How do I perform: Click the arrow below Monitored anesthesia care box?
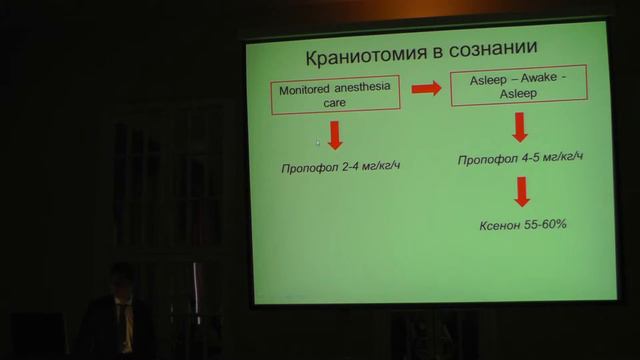(335, 134)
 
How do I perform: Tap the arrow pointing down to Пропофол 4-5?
(520, 128)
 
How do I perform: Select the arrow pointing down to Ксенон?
(521, 192)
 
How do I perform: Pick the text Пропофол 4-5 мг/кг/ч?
(521, 159)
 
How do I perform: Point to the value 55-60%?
(549, 224)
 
